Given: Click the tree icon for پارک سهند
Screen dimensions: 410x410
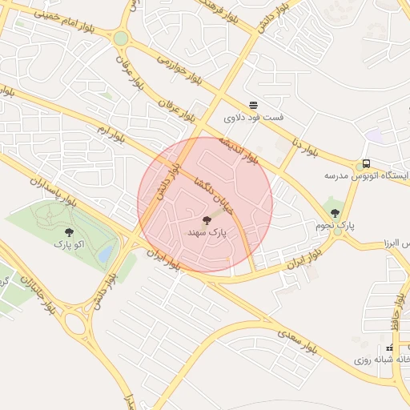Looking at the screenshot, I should point(207,219).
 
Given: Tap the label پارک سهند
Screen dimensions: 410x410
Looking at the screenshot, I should point(207,232).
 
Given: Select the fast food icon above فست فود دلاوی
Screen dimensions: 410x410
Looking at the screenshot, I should point(253,104).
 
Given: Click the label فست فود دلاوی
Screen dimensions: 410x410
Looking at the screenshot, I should point(254,118).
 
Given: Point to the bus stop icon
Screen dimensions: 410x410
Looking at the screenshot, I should point(366,163).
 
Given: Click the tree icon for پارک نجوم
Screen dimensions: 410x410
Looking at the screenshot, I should point(335,213).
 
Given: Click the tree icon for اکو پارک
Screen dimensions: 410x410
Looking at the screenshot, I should point(68,231).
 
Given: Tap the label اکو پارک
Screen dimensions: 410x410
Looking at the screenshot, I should point(69,243).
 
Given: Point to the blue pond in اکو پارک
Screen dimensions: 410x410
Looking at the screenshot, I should point(105,253).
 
